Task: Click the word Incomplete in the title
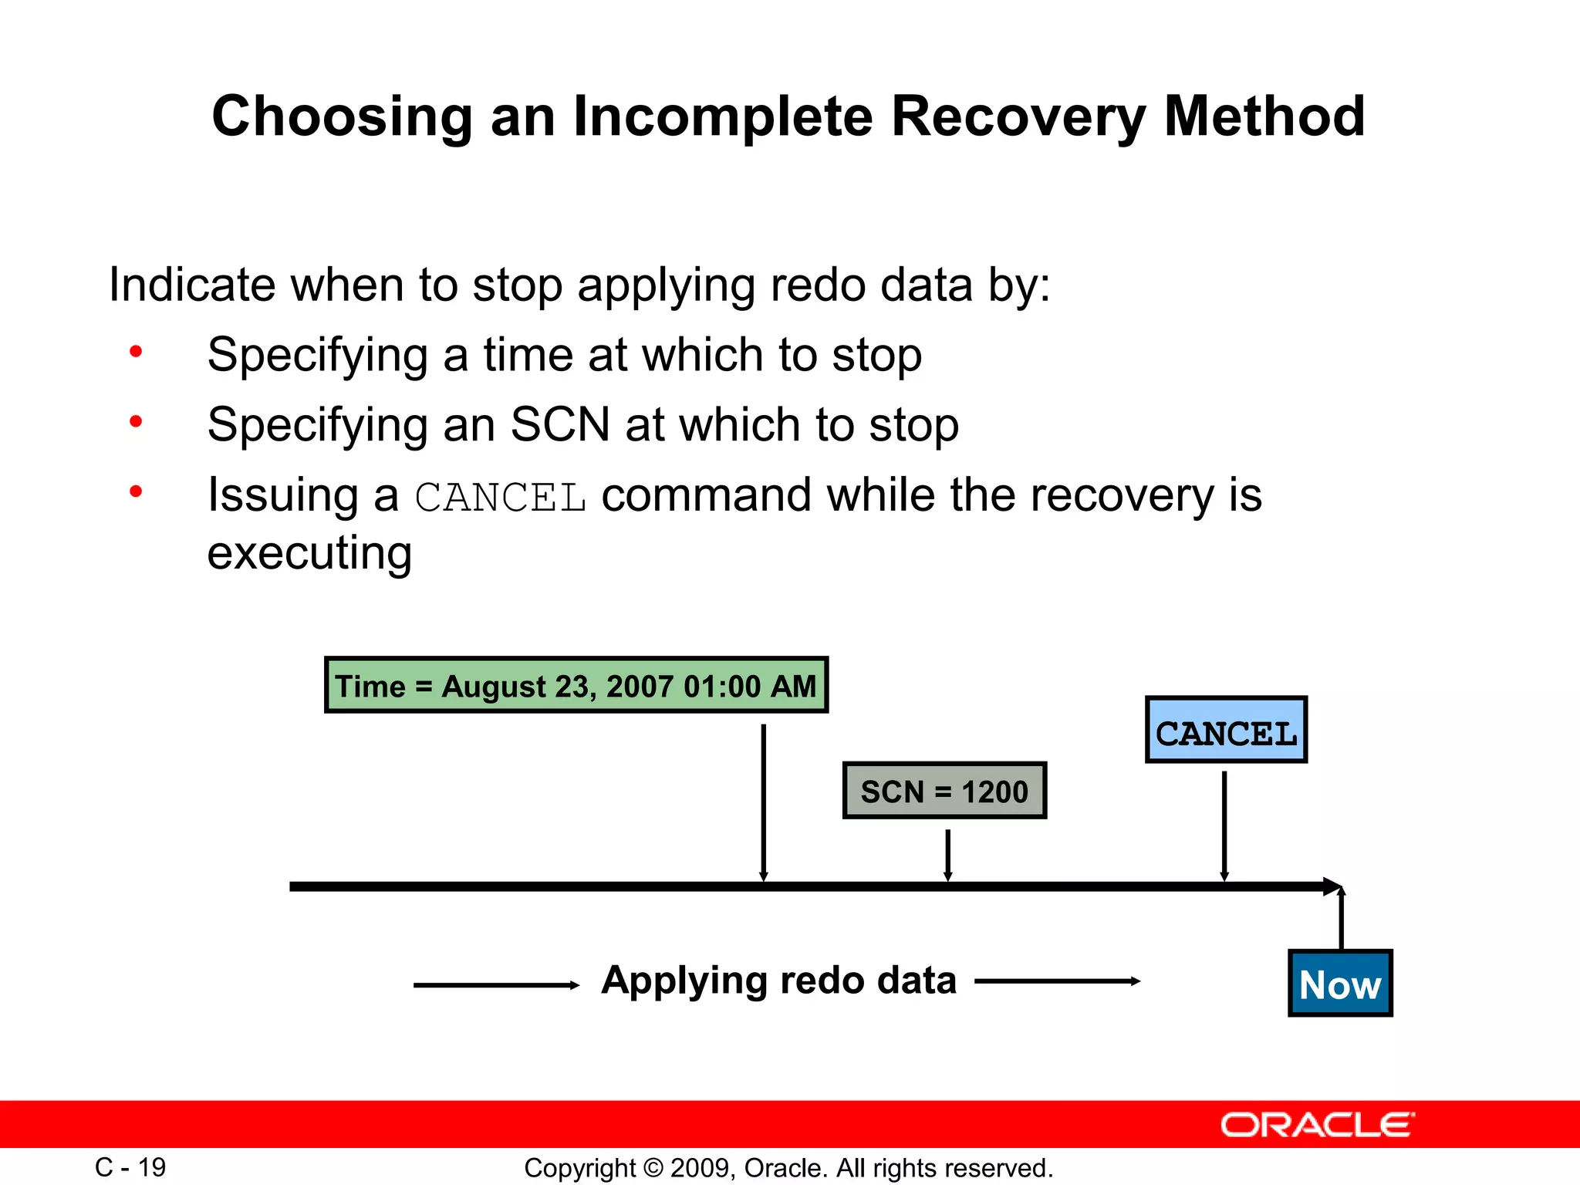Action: pos(723,117)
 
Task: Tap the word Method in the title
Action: pos(1264,117)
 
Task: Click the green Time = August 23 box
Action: pos(576,685)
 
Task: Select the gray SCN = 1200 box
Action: pos(944,791)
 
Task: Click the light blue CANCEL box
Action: pos(1226,731)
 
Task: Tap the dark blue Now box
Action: pos(1340,984)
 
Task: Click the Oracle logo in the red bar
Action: pos(1317,1125)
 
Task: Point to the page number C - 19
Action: pos(130,1167)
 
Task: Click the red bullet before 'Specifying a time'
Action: pos(136,353)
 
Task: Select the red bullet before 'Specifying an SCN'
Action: pos(136,422)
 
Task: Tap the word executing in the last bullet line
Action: pos(309,553)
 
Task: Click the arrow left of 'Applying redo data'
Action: pos(496,985)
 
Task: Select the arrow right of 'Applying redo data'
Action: pos(1057,981)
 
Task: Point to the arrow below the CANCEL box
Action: pos(1224,825)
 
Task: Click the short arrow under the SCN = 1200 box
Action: pos(947,855)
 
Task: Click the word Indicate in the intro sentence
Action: pos(191,285)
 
